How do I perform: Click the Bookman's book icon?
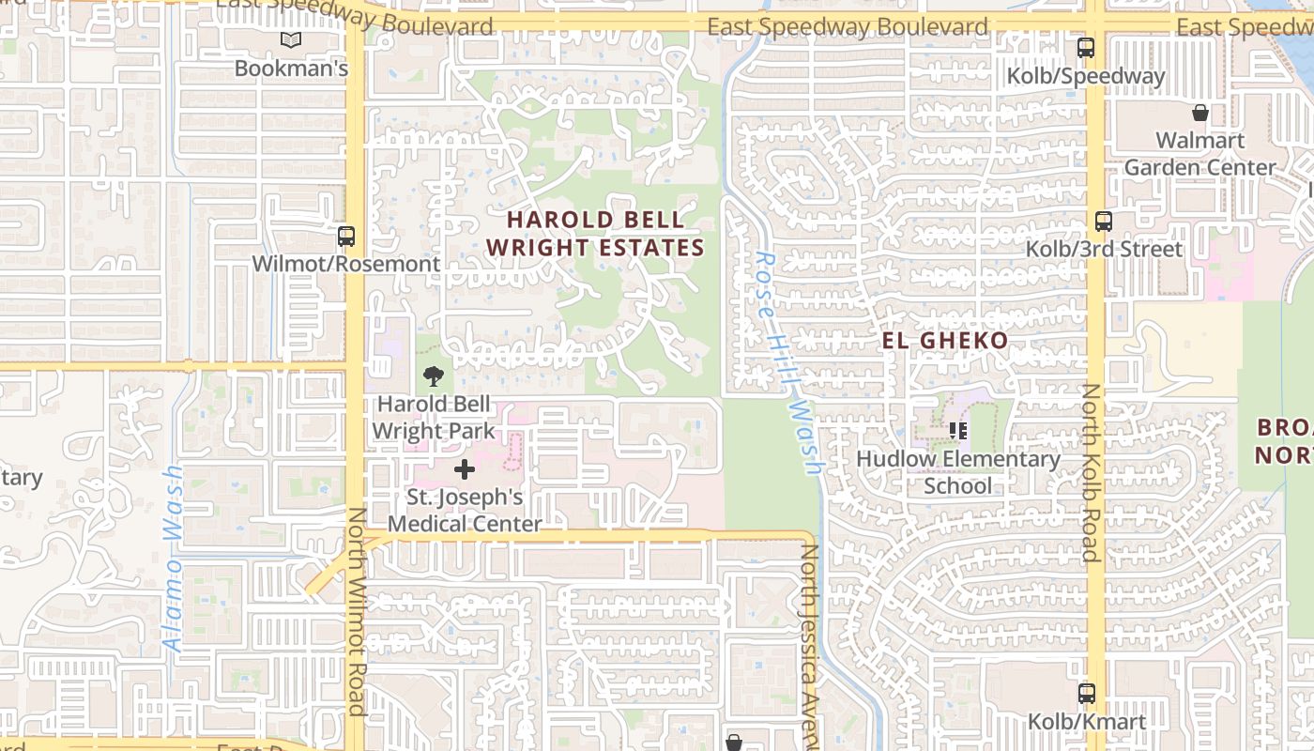tap(291, 39)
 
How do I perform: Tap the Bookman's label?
tap(291, 69)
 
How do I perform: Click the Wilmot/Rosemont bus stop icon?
tap(346, 236)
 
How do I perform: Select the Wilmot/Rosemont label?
tap(345, 264)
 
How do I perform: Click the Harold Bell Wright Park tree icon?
tap(433, 377)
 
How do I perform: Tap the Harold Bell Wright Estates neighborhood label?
tap(595, 234)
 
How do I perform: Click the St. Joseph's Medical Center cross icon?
tap(464, 469)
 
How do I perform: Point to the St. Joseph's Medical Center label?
tap(465, 510)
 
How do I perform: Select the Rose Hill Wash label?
tap(787, 361)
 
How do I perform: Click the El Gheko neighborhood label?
tap(945, 340)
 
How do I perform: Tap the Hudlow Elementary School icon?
tap(958, 431)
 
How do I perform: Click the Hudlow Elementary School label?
tap(958, 472)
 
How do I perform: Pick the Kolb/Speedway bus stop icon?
tap(1086, 47)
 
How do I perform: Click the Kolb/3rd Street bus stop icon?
tap(1104, 222)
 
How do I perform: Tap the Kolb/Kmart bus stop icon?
tap(1086, 694)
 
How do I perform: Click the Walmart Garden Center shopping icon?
tap(1199, 114)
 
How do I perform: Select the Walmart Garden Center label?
tap(1199, 154)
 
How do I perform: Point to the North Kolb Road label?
tap(1091, 472)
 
